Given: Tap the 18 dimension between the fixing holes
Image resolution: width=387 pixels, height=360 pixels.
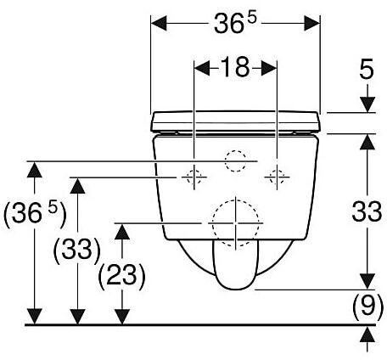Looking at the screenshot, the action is [x=235, y=67].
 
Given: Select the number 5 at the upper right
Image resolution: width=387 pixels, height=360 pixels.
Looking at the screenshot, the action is [x=367, y=69].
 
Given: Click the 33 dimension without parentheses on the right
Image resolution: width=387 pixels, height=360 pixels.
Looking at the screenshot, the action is [x=367, y=211].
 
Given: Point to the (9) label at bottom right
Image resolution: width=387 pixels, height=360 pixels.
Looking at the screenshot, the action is [x=367, y=306].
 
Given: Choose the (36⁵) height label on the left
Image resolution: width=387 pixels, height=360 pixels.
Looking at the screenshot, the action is [x=35, y=213].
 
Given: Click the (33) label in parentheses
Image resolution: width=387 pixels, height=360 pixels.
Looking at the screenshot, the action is [x=77, y=249].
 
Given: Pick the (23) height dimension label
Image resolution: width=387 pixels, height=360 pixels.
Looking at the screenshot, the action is [x=122, y=274].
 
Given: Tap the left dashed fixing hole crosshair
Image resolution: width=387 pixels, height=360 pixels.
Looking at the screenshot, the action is [x=194, y=177].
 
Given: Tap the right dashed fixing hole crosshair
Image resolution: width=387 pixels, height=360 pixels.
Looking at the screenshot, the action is [x=277, y=177].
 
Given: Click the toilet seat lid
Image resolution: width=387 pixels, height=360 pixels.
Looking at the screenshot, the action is [x=236, y=121].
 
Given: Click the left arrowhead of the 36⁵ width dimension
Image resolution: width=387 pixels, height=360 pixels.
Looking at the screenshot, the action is [x=159, y=24].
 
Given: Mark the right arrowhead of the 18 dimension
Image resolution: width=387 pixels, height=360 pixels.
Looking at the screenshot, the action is [x=269, y=68].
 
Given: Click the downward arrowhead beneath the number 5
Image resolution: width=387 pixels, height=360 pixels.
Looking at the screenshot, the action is [x=367, y=104].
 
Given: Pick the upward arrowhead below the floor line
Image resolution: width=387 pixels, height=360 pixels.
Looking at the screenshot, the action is [x=367, y=335].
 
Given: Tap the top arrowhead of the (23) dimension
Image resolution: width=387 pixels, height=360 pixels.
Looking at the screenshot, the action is [x=122, y=232].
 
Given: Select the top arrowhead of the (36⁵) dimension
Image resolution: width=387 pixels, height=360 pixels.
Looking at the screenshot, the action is [x=35, y=170].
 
